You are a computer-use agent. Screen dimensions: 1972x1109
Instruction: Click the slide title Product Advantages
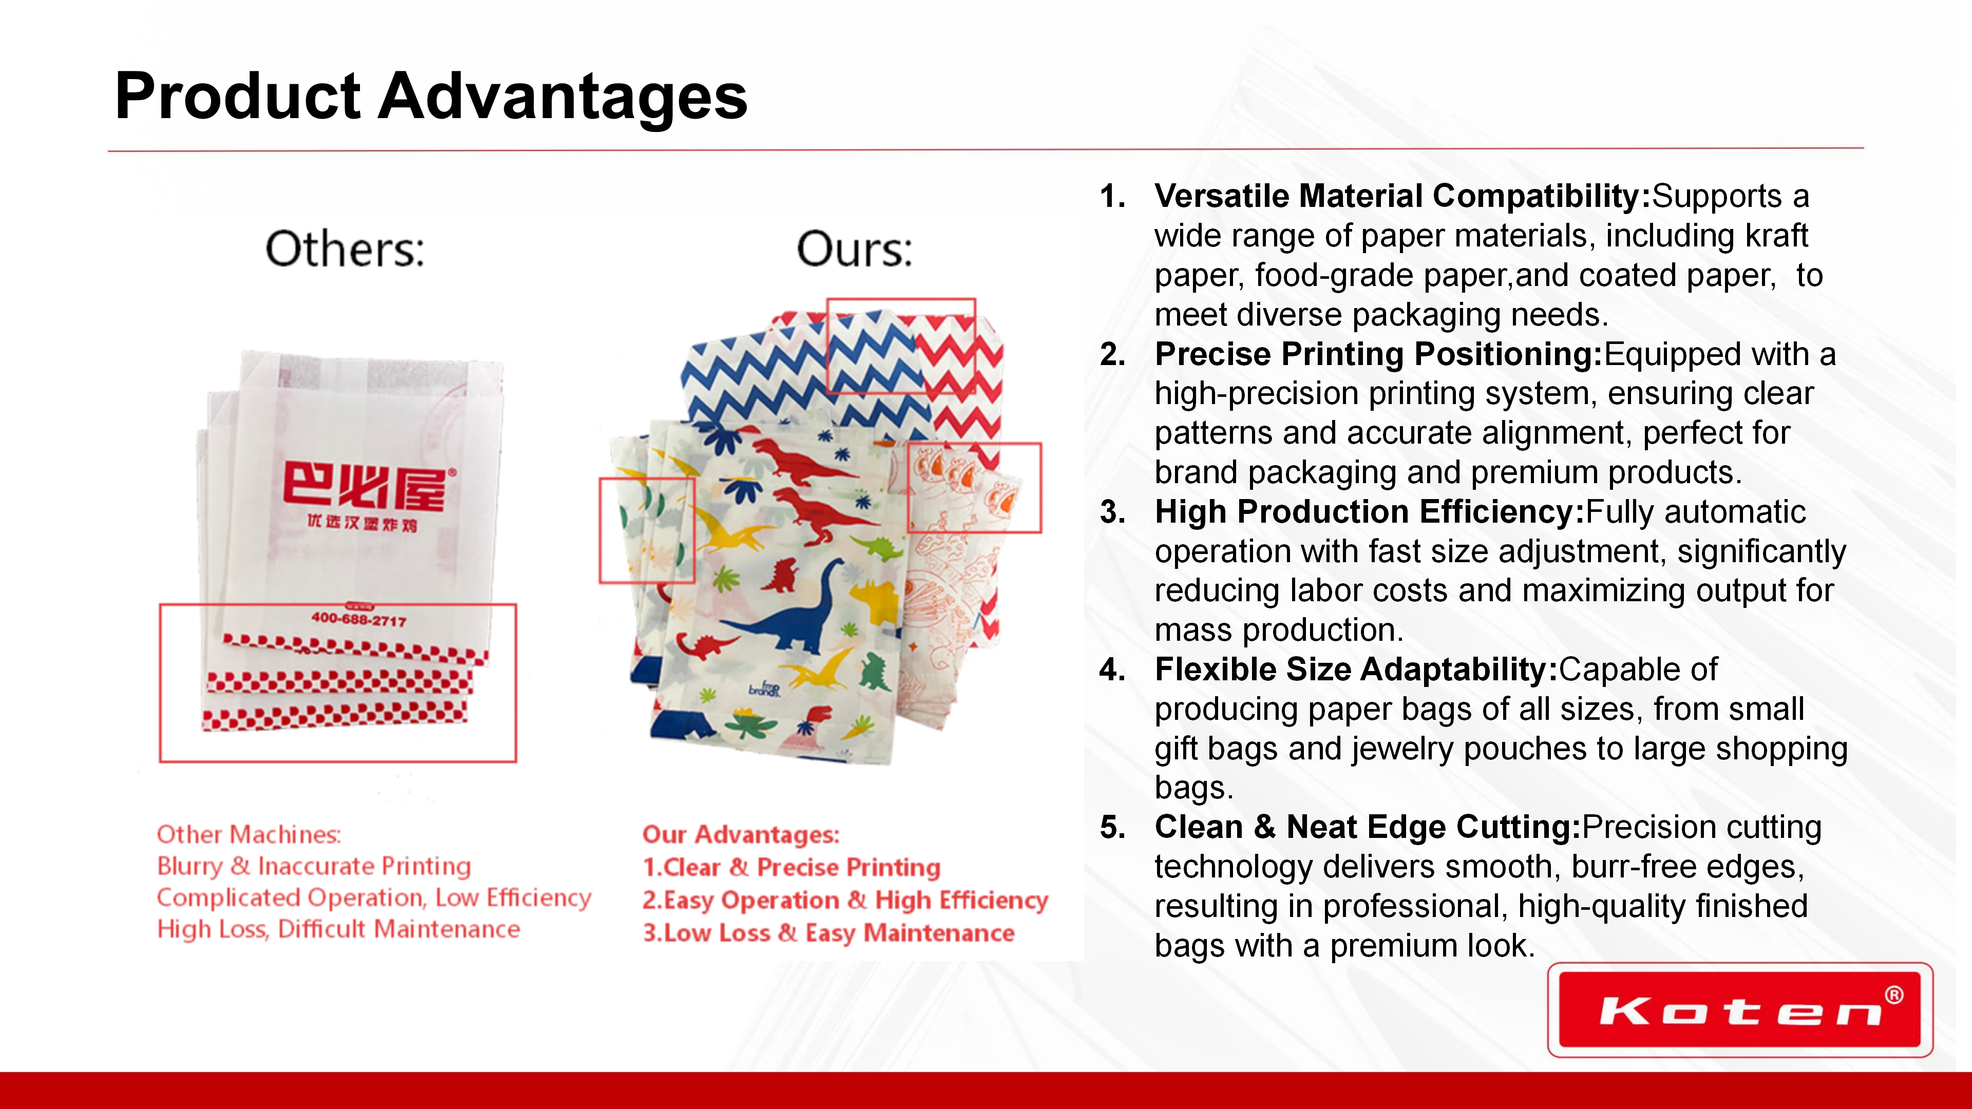(431, 97)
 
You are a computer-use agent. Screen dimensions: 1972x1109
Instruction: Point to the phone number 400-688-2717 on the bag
(358, 619)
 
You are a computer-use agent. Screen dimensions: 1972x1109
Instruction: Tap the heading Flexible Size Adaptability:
(1356, 669)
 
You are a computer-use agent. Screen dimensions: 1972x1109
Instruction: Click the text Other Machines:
(249, 834)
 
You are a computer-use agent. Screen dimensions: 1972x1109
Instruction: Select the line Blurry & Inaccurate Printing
(314, 866)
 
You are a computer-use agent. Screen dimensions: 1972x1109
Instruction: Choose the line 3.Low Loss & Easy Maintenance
(828, 933)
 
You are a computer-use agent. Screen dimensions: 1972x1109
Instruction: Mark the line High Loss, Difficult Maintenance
(338, 929)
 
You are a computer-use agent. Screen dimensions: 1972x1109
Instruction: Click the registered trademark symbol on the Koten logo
(1894, 995)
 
